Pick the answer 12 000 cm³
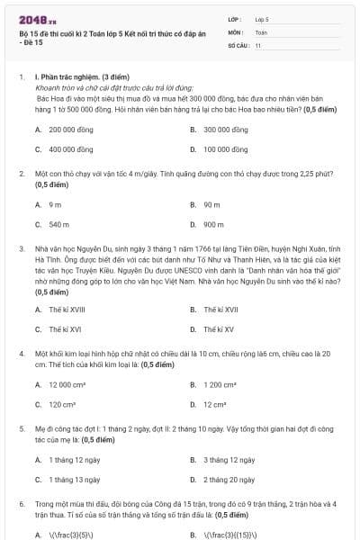click(x=61, y=385)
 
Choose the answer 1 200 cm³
click(x=218, y=385)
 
